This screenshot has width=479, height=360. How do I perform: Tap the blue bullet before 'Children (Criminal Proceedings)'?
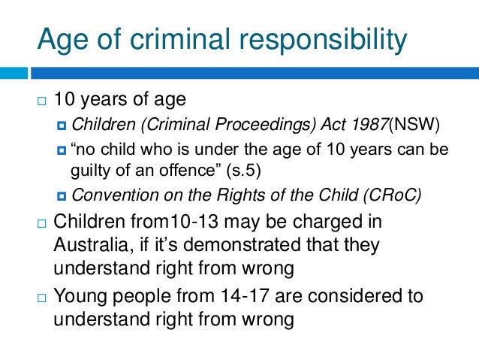click(62, 123)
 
